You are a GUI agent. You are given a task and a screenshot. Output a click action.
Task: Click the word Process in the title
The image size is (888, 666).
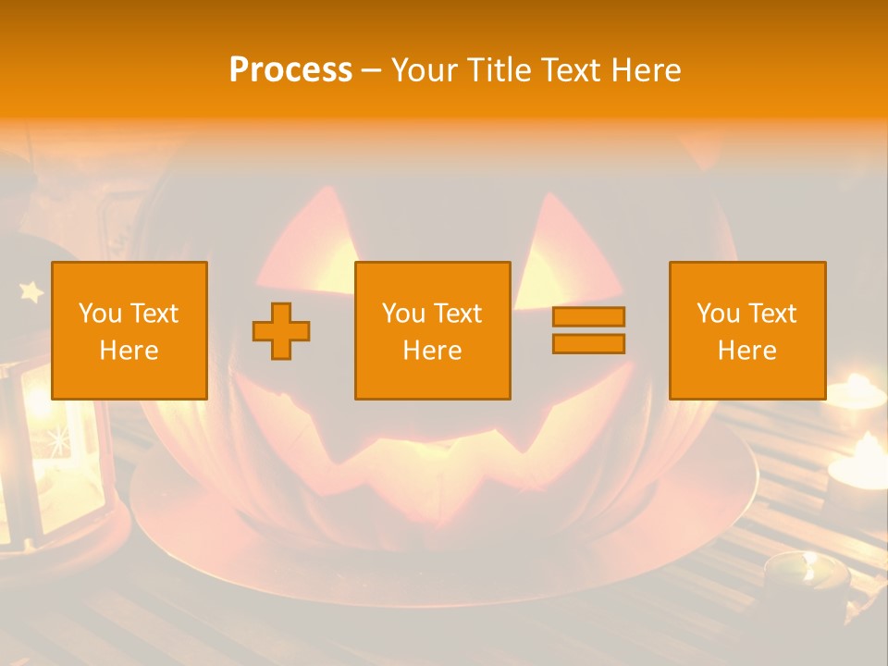click(x=290, y=70)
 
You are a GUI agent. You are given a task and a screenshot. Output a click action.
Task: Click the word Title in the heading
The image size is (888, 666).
click(x=500, y=70)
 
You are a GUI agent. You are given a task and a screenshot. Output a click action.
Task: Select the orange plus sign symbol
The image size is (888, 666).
click(x=281, y=331)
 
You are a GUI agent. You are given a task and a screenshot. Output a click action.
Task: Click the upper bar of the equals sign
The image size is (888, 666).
click(x=588, y=317)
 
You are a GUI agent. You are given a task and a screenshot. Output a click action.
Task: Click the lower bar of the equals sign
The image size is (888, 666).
click(x=588, y=343)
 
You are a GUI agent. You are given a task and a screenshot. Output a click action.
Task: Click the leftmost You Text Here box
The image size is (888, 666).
click(x=129, y=330)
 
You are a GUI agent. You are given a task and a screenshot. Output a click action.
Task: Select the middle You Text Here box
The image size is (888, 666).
click(x=432, y=330)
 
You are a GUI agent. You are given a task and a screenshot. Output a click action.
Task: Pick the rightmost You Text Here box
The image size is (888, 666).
click(x=746, y=330)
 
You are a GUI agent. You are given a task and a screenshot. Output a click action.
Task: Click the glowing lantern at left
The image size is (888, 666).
click(x=46, y=444)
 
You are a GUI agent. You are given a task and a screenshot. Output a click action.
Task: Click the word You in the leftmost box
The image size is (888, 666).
click(x=99, y=313)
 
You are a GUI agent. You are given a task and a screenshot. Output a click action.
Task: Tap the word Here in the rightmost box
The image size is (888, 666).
click(x=746, y=351)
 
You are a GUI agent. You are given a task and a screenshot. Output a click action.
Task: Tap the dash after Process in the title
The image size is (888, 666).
click(x=372, y=70)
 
